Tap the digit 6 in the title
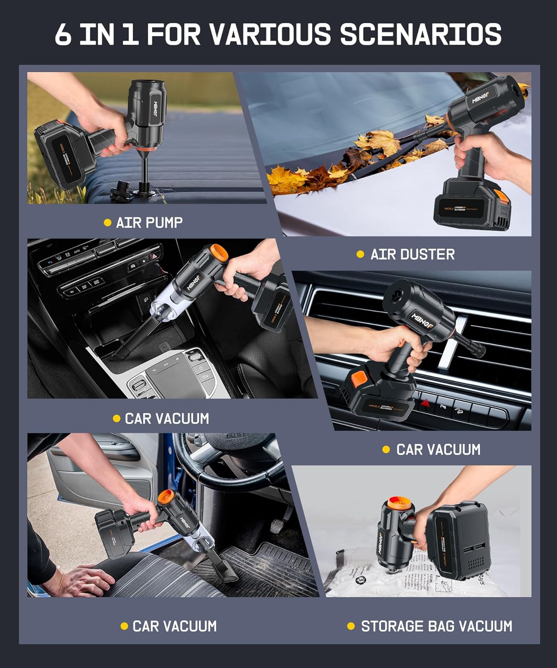[63, 35]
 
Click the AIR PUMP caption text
[149, 222]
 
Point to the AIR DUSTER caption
[412, 254]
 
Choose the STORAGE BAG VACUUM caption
[436, 626]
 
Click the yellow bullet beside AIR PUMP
[107, 222]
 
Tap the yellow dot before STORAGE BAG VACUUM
[351, 626]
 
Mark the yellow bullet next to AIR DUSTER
[360, 254]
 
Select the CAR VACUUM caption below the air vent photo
[438, 449]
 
